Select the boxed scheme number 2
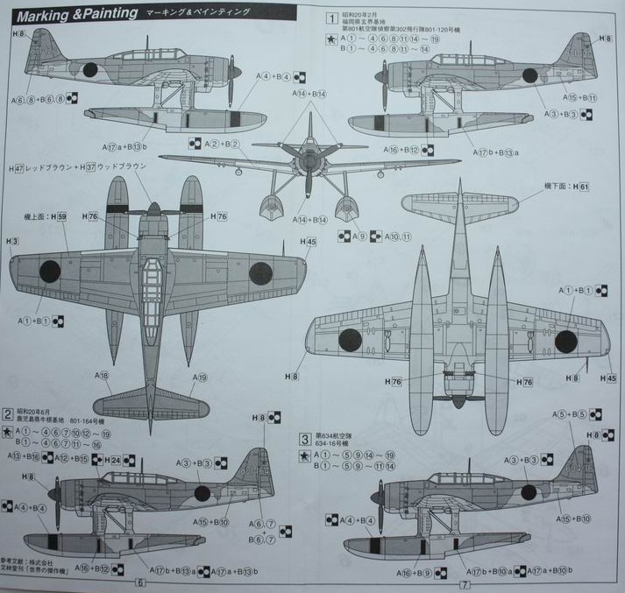point(8,413)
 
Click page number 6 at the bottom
point(140,582)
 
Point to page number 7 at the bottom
point(465,582)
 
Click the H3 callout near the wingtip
point(11,241)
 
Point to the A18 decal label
point(103,376)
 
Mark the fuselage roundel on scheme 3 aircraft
point(529,492)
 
